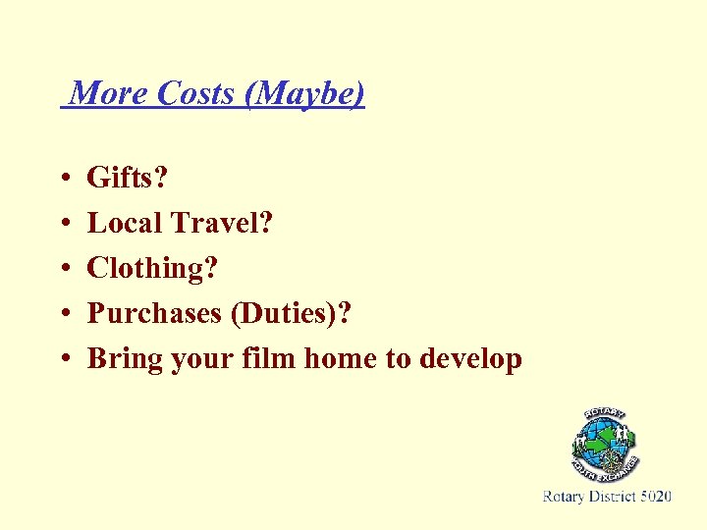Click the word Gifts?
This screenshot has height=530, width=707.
click(128, 179)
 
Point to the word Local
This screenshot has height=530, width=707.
click(125, 223)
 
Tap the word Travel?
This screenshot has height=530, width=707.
click(222, 223)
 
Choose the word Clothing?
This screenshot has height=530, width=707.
click(152, 269)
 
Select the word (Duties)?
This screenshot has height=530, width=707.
click(291, 314)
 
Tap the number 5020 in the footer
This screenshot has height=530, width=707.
click(656, 498)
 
